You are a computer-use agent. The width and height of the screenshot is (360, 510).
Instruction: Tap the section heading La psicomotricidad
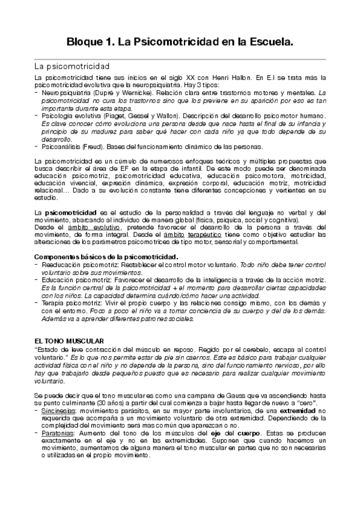point(72,66)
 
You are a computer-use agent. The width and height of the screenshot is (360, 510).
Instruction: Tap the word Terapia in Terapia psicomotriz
point(53,304)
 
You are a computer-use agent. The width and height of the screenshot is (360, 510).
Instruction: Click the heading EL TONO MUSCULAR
point(69,341)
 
